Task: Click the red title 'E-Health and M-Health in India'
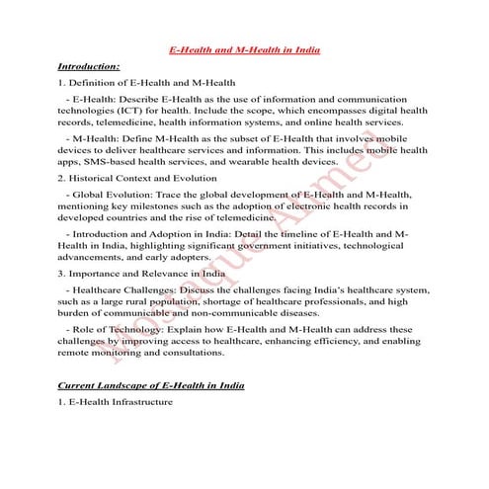244,48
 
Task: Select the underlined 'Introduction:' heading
89,66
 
